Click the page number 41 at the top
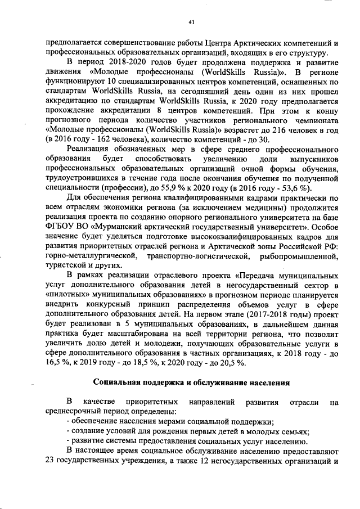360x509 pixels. (191, 22)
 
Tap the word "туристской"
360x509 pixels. (65, 267)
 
